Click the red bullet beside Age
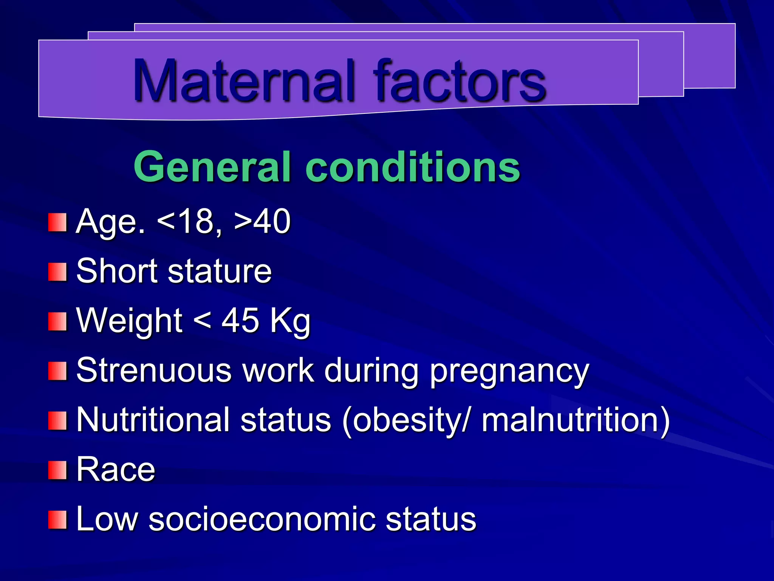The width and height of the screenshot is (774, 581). [57, 222]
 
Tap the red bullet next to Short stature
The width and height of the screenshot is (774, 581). [57, 272]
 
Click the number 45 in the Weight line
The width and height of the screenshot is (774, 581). [240, 320]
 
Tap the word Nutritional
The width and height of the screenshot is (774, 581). [153, 419]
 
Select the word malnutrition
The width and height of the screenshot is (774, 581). [571, 419]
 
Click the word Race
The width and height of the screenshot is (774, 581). [116, 469]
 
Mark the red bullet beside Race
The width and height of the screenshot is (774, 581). [57, 470]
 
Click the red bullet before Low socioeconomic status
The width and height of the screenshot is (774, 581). [57, 520]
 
